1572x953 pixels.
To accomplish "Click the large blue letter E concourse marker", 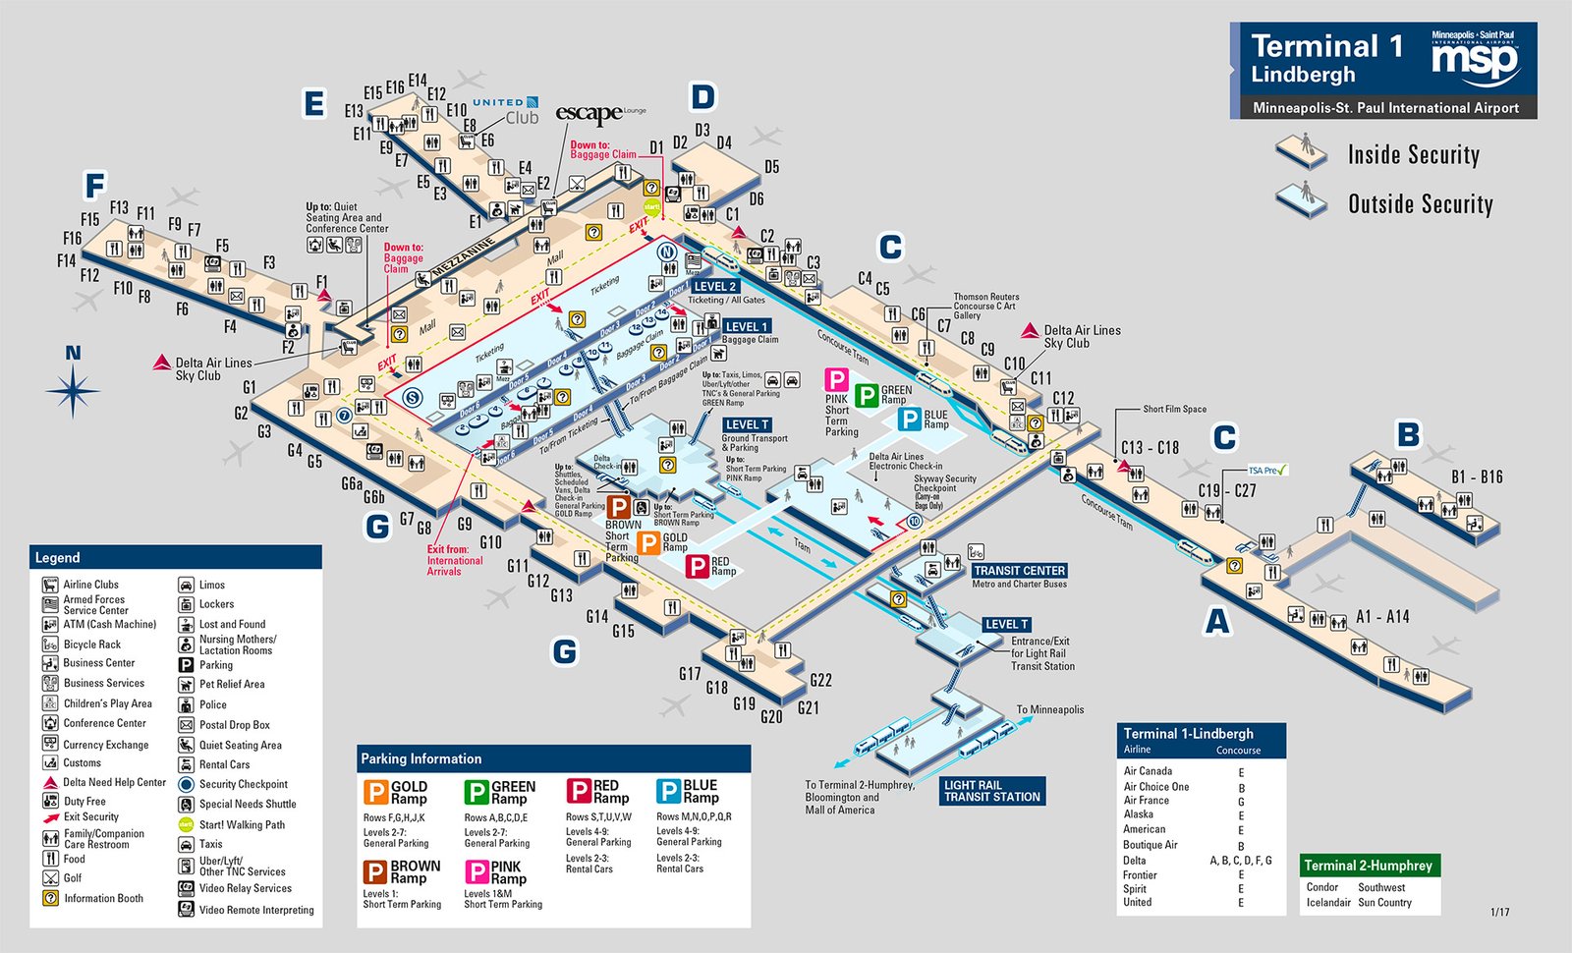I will click(x=314, y=103).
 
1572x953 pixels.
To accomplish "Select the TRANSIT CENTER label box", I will click(x=1019, y=571).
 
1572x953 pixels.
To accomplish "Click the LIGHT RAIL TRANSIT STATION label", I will click(x=991, y=791).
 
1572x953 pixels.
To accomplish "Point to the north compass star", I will click(x=73, y=391).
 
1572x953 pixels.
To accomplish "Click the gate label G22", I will click(x=820, y=680).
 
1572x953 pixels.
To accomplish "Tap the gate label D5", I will click(x=771, y=167).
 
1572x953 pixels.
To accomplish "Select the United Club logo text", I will click(x=506, y=110).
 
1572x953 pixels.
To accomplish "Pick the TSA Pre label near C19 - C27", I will click(x=1267, y=471).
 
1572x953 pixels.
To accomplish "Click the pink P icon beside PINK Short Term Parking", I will click(x=836, y=380).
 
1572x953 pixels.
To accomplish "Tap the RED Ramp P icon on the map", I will click(x=697, y=566).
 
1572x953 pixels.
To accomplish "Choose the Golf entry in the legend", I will click(x=73, y=878).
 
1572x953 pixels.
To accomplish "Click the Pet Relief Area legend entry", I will click(x=231, y=685).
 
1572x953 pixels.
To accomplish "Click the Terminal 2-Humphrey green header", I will click(x=1369, y=866).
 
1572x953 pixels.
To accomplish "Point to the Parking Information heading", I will click(x=421, y=759).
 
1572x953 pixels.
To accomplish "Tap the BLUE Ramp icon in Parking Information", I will click(x=669, y=792).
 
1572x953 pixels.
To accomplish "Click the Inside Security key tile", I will click(x=1302, y=153).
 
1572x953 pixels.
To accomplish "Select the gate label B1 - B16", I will click(x=1477, y=477).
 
